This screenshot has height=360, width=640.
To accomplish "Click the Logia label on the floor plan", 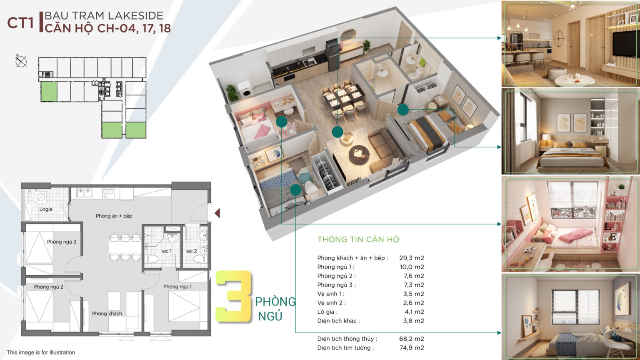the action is (x=46, y=209).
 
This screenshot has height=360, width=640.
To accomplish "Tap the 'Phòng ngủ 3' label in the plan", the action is (x=62, y=242).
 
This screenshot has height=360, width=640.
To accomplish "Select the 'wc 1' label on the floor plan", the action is (x=167, y=251).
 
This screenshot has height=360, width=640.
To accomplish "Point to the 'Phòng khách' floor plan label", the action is (x=107, y=313).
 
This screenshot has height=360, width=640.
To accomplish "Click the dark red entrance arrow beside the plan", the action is (x=217, y=213).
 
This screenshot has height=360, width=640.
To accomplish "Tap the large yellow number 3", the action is (x=233, y=296).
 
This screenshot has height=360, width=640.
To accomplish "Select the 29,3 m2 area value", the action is (x=411, y=258).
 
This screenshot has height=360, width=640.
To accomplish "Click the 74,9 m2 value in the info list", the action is (x=411, y=348).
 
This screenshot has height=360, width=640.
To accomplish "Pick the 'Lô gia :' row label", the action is (x=327, y=312).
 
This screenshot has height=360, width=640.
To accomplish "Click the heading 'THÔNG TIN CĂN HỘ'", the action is (x=358, y=240).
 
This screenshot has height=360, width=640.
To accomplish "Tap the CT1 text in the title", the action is (x=20, y=23).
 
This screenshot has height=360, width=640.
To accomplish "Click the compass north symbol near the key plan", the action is (x=21, y=61).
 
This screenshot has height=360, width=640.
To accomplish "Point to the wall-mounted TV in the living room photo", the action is (x=624, y=44).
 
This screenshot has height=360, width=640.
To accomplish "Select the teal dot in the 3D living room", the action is (x=337, y=132).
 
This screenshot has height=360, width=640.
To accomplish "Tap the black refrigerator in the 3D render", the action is (x=332, y=55).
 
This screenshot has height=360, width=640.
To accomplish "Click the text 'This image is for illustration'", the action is (x=41, y=352).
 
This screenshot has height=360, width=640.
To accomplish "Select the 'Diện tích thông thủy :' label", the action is (x=347, y=339).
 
